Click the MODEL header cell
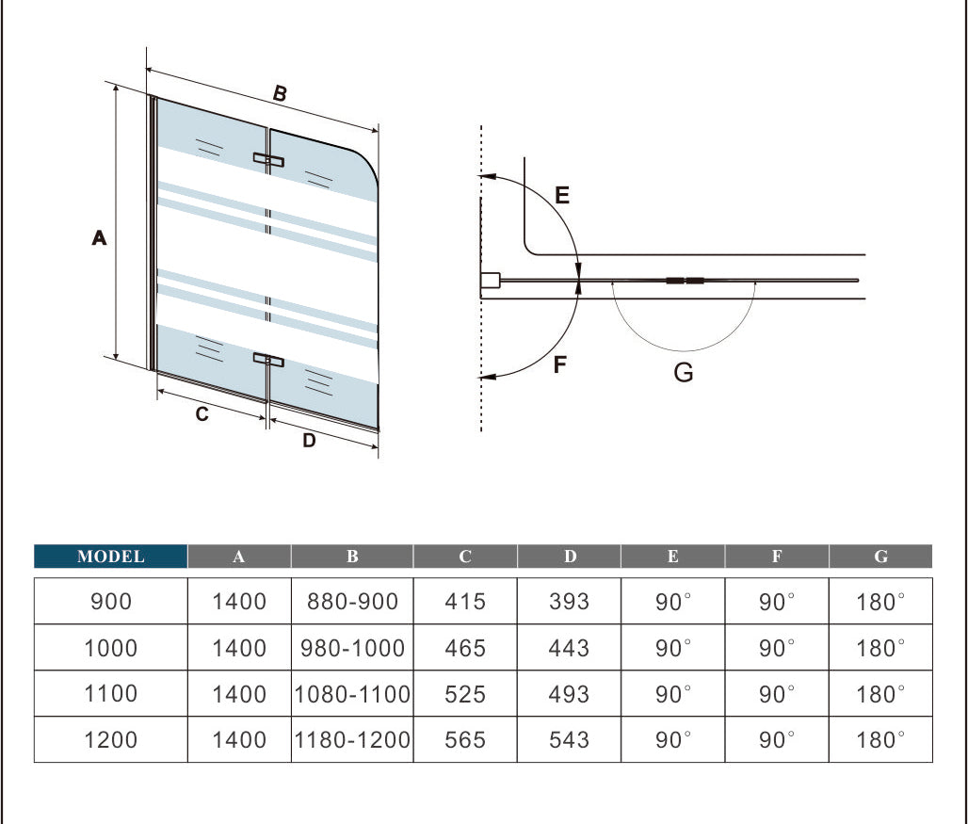point(111,557)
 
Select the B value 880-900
point(352,601)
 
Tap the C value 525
point(465,694)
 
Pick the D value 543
point(569,740)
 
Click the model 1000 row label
point(111,648)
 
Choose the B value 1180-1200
point(352,740)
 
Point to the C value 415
point(465,601)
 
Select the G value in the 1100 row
point(880,694)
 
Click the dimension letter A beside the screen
point(99,239)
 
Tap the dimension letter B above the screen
point(280,93)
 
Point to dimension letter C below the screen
point(202,413)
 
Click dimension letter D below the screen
point(309,440)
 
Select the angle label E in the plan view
point(562,196)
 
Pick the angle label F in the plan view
point(560,364)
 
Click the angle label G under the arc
point(684,373)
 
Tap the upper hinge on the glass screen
point(268,160)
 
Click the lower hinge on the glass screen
point(268,359)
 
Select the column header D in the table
point(570,557)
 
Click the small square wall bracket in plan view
point(490,281)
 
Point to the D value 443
point(569,648)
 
